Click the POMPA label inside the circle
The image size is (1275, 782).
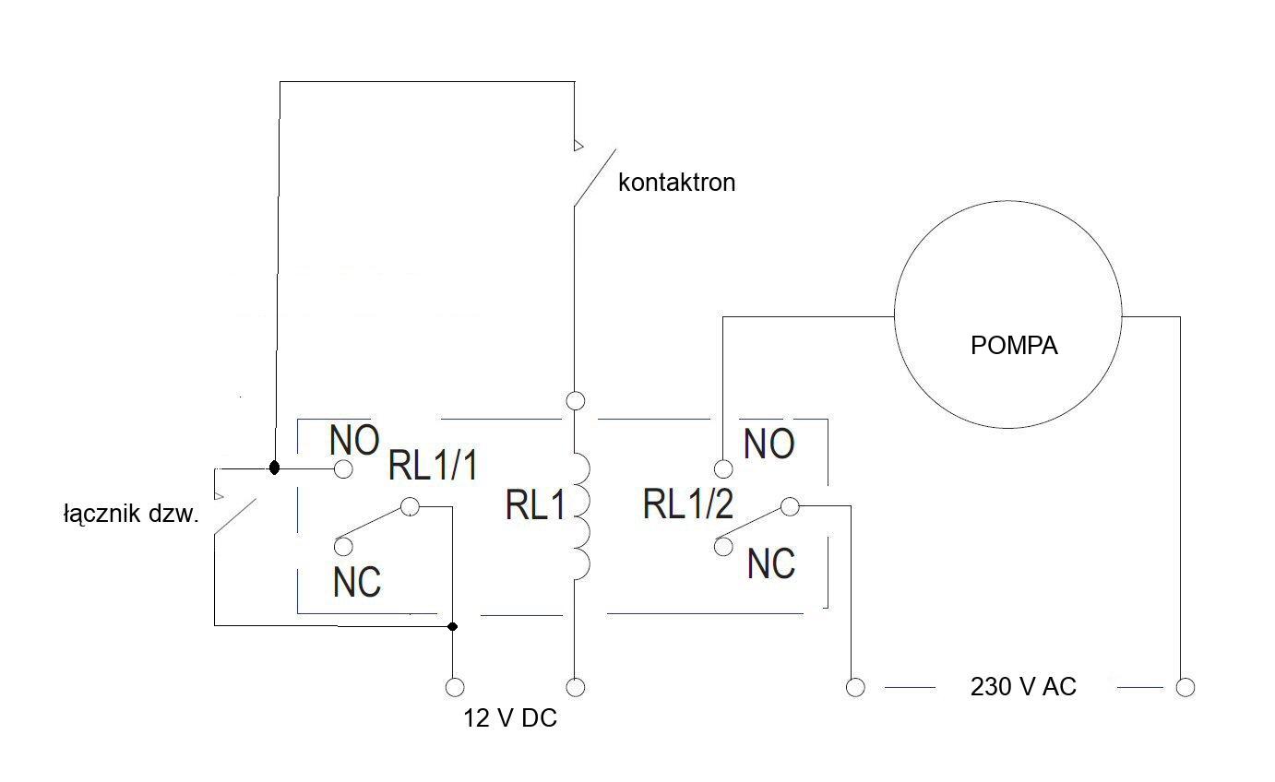click(x=1014, y=346)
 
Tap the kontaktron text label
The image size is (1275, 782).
click(x=677, y=183)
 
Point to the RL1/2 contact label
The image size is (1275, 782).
click(x=688, y=504)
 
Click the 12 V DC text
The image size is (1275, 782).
click(x=510, y=718)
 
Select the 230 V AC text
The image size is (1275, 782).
click(x=1023, y=687)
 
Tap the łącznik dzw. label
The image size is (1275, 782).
click(x=131, y=514)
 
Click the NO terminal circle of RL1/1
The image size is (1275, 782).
click(x=343, y=469)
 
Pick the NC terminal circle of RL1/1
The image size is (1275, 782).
click(x=343, y=546)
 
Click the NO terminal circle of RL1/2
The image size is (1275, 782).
click(x=723, y=469)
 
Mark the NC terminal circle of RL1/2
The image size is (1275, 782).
click(x=723, y=546)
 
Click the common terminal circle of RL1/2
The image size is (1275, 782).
click(x=790, y=506)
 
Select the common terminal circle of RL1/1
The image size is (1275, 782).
click(x=410, y=506)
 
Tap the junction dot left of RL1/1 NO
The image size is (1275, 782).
click(x=274, y=468)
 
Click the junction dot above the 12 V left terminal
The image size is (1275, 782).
click(x=452, y=627)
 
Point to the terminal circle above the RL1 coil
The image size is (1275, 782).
click(x=576, y=401)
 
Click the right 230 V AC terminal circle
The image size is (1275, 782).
click(x=1186, y=688)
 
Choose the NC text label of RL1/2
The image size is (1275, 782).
click(x=771, y=564)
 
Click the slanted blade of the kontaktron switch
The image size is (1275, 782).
click(x=595, y=178)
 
